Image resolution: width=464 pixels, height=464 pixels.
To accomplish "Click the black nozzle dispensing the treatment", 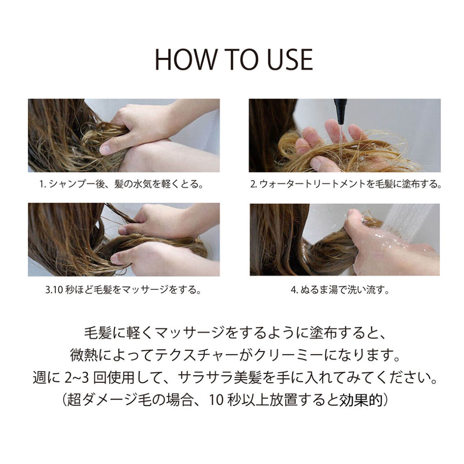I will pyautogui.click(x=339, y=109).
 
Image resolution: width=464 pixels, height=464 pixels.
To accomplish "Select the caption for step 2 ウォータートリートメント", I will pyautogui.click(x=345, y=185).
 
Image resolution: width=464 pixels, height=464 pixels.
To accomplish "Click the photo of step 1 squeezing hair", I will pyautogui.click(x=124, y=135).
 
